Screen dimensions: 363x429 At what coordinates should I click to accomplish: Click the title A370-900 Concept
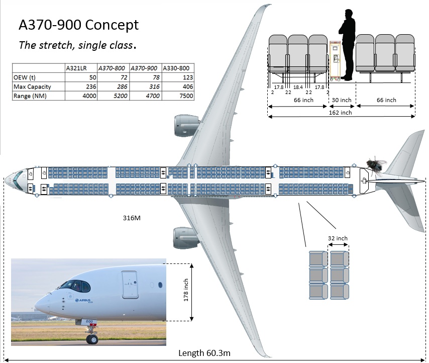click(x=78, y=25)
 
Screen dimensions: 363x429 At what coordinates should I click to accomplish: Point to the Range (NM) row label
click(x=30, y=96)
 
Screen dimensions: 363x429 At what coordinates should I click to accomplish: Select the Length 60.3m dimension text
click(x=204, y=353)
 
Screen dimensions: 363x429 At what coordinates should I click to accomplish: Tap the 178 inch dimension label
click(x=186, y=292)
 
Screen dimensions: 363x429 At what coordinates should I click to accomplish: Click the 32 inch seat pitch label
click(x=337, y=238)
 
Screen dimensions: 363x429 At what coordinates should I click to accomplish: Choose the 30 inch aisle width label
click(x=342, y=100)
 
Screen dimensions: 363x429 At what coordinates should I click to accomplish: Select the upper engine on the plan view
click(x=184, y=126)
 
